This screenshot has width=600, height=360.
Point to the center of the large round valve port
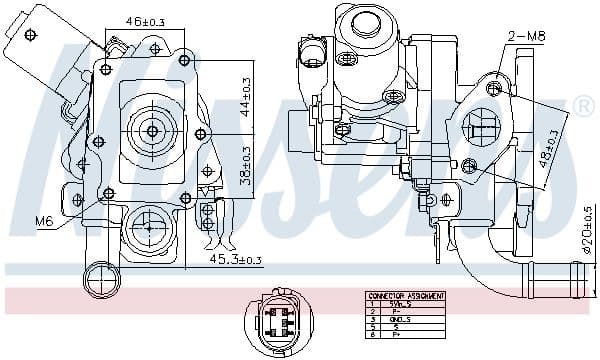153,130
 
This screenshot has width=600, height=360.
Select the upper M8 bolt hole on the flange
493,89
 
